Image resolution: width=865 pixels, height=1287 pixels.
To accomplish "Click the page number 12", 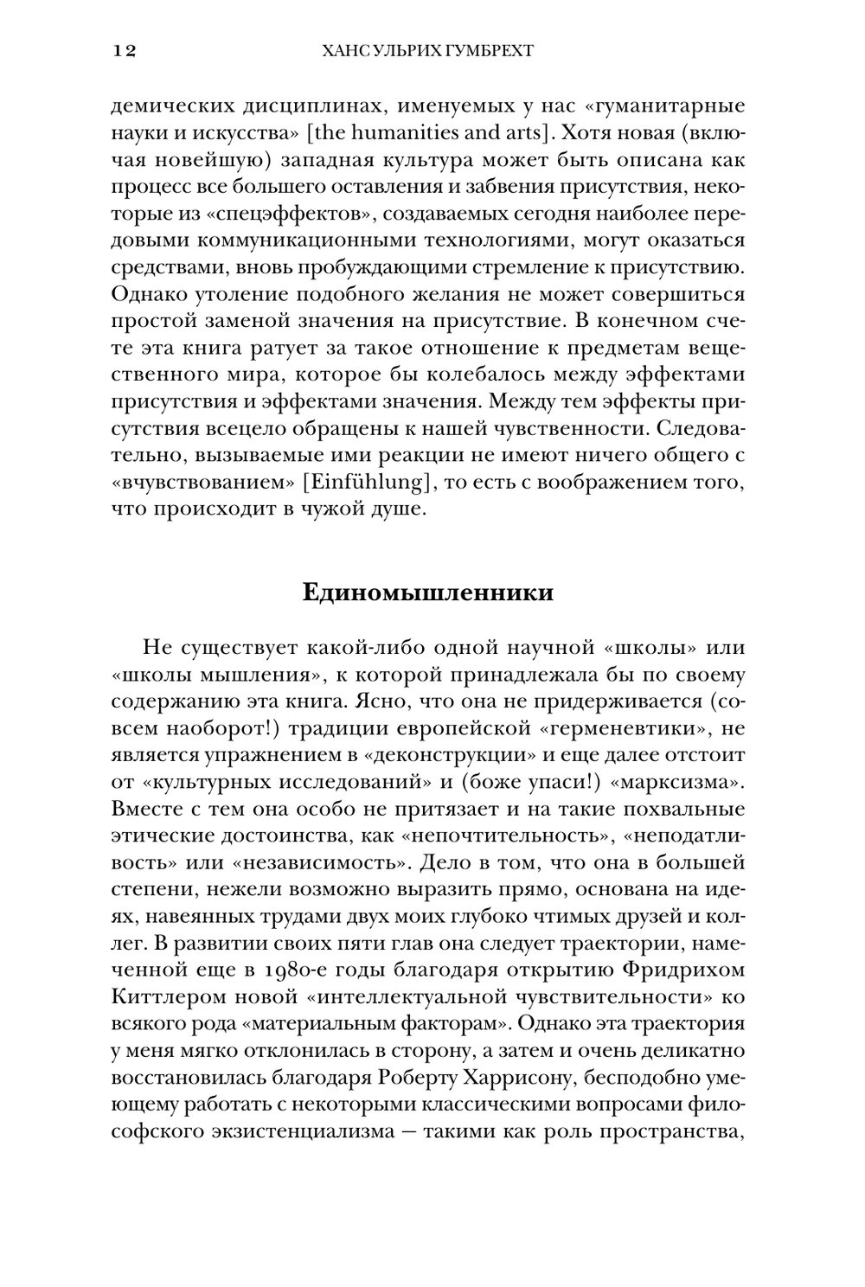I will pyautogui.click(x=124, y=51).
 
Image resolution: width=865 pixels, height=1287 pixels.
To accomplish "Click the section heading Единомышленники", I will pyautogui.click(x=428, y=593).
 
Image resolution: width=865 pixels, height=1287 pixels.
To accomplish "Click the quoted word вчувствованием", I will pyautogui.click(x=204, y=482).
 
